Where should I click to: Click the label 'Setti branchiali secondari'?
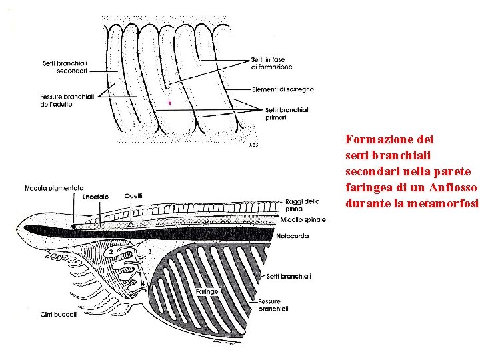[64, 67]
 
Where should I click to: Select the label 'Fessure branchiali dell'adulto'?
[65, 101]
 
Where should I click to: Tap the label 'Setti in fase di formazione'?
[271, 63]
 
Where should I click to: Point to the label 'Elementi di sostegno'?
[283, 89]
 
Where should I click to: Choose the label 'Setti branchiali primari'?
[287, 113]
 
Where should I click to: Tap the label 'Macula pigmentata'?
[54, 188]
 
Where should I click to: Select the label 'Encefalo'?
[96, 197]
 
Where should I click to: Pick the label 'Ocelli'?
[133, 196]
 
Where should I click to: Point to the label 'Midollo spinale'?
[303, 220]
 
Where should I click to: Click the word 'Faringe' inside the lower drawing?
[207, 291]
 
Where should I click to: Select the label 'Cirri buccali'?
[59, 314]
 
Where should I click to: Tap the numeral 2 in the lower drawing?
[111, 251]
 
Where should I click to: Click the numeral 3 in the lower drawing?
[150, 251]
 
